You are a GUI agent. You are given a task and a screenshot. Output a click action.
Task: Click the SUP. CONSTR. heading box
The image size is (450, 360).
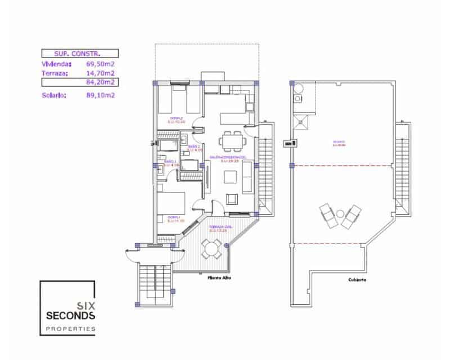click(x=79, y=54)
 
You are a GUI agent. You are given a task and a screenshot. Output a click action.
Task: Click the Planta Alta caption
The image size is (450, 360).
click(x=219, y=278)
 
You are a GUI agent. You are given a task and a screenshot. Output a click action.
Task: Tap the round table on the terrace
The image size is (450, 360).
click(x=212, y=248)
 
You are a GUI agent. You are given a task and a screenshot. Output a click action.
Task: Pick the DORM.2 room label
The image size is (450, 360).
click(x=176, y=119)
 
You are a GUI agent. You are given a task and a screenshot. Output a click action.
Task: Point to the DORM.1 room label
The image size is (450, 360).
click(x=173, y=217)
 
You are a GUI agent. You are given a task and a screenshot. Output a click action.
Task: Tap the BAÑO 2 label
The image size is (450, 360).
click(x=193, y=148)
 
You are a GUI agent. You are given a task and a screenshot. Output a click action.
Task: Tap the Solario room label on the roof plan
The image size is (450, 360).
click(x=338, y=143)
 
